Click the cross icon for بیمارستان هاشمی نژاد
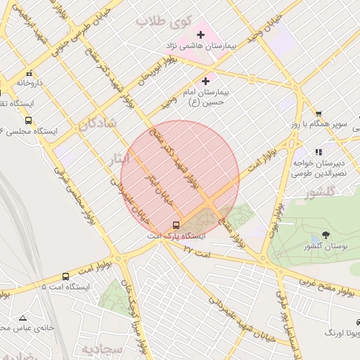[x=200, y=33]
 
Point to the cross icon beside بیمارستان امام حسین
[x=205, y=82]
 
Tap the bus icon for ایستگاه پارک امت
[x=175, y=225]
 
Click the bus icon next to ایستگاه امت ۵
[x=65, y=276]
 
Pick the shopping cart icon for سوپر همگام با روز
[x=318, y=114]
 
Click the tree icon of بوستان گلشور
[x=324, y=235]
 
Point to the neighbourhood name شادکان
[x=97, y=124]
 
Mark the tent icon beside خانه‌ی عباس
[x=23, y=318]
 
